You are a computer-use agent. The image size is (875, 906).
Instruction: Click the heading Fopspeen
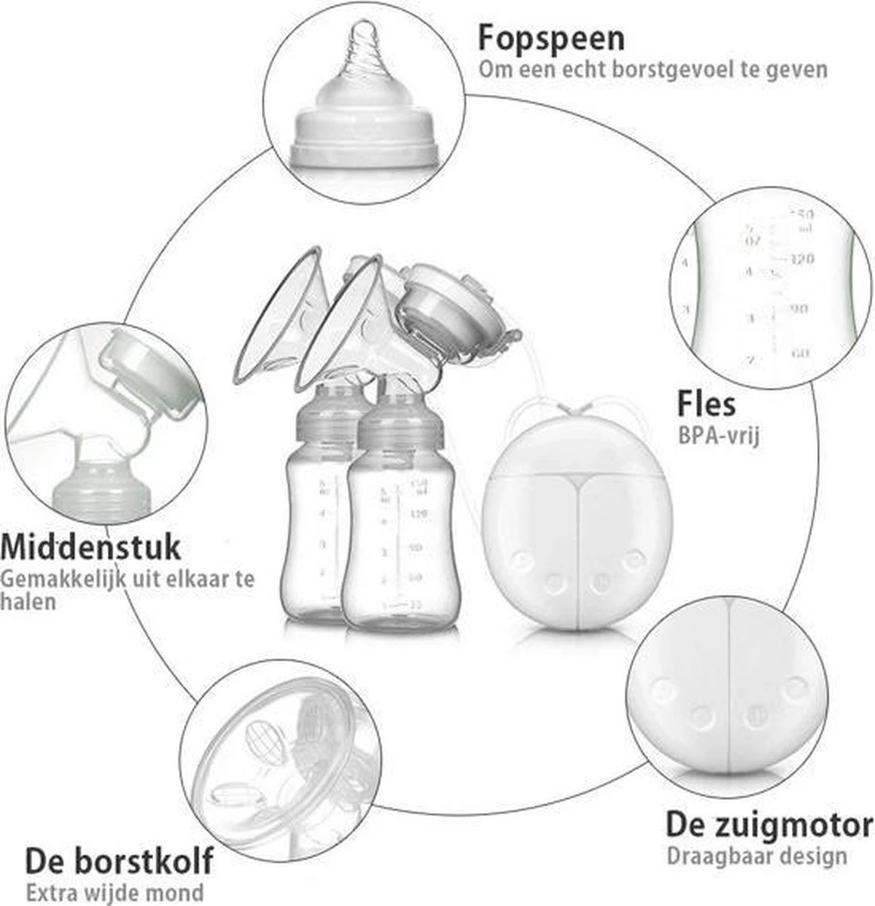pyautogui.click(x=551, y=37)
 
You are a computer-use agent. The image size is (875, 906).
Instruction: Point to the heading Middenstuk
pyautogui.click(x=91, y=546)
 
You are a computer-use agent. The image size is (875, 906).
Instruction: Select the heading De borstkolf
pyautogui.click(x=119, y=860)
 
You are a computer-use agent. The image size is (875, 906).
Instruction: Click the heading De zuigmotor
pyautogui.click(x=769, y=824)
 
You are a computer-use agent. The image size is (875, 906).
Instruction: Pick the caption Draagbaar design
pyautogui.click(x=756, y=856)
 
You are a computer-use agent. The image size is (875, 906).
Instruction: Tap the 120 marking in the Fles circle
pyautogui.click(x=802, y=260)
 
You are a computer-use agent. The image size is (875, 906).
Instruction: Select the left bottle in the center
pyautogui.click(x=312, y=528)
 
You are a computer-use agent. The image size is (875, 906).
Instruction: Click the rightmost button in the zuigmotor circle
pyautogui.click(x=794, y=689)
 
